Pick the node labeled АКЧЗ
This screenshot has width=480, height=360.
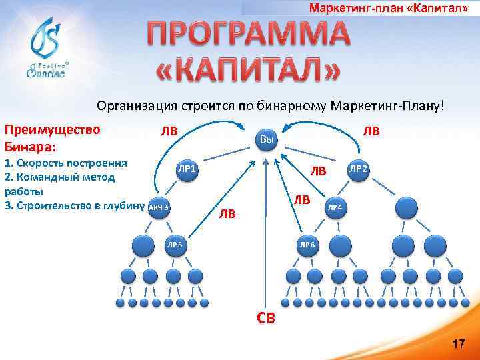pos(159,207)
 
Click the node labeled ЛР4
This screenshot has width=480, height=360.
pos(335,207)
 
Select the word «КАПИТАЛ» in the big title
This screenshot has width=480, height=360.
pos(248,69)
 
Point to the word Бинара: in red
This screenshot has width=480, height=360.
pos(30,145)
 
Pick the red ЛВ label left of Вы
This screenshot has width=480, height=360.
pos(168,131)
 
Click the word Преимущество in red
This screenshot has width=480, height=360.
pos(52,129)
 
